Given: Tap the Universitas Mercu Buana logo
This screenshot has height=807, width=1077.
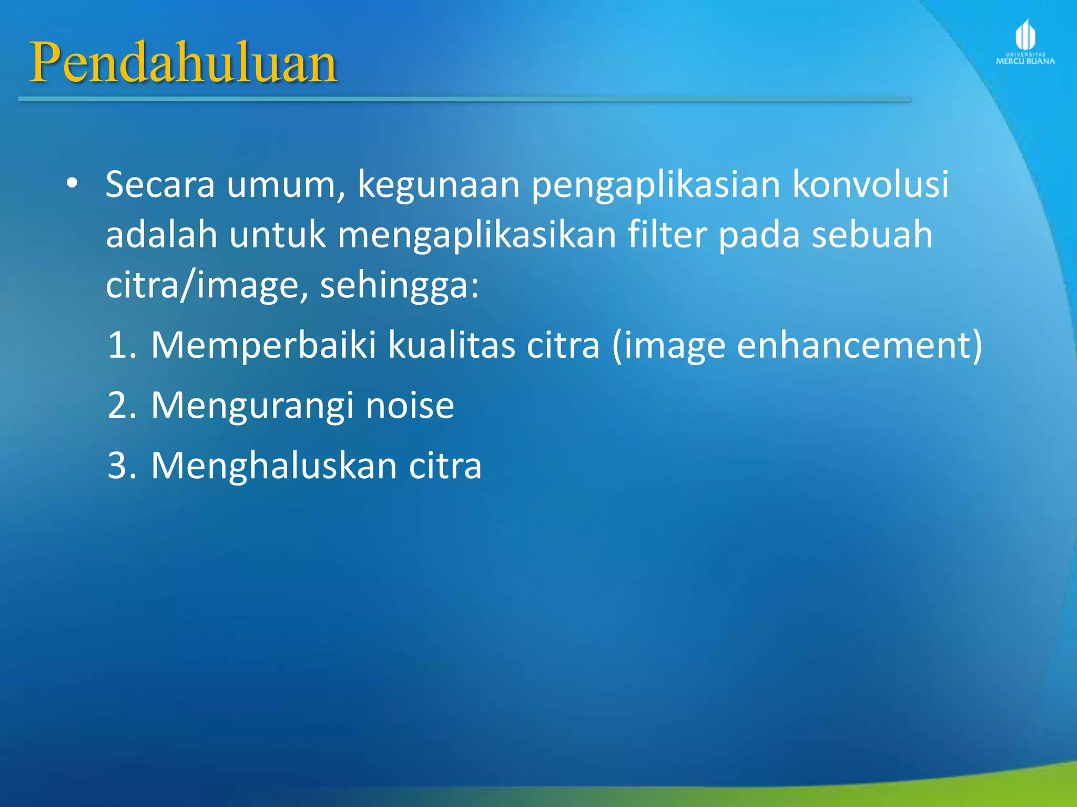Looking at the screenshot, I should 1025,42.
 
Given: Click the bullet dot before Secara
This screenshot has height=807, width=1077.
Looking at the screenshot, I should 72,183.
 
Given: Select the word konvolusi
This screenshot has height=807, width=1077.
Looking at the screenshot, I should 870,184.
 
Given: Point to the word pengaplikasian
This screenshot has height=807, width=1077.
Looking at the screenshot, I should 656,185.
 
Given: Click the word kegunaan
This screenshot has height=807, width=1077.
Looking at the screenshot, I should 439,185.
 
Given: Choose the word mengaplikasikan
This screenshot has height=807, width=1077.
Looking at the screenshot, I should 476,235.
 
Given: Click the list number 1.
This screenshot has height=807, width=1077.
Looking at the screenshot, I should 121,345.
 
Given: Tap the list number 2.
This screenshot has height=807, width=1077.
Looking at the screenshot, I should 121,405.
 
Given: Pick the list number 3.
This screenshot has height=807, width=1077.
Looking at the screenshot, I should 121,465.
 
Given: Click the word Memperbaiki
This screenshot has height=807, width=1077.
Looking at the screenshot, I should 263,345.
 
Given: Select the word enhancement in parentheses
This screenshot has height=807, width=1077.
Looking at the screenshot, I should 854,345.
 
